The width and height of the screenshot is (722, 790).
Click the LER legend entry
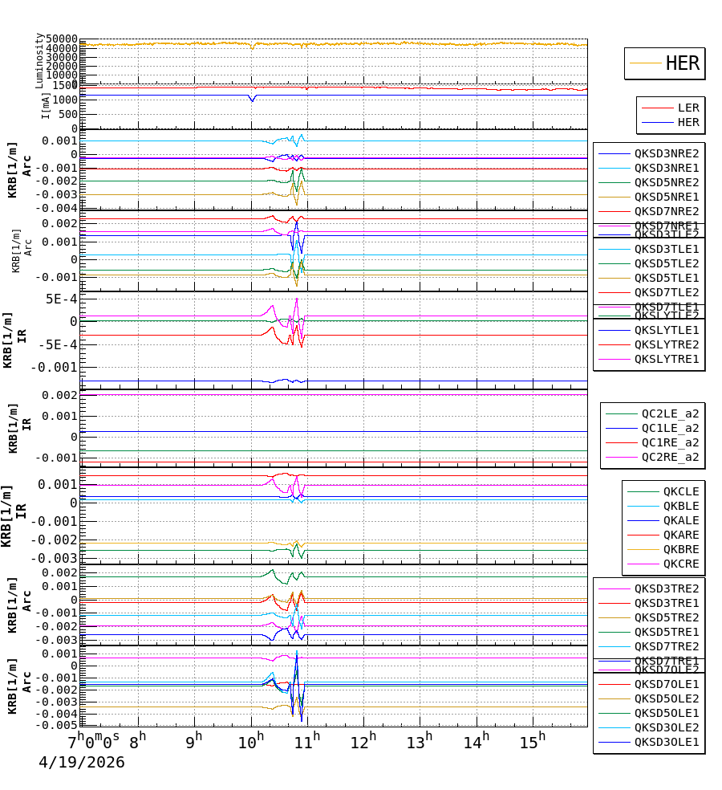(688, 108)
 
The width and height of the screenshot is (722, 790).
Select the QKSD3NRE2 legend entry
(667, 153)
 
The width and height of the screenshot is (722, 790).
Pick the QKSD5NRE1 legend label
(667, 197)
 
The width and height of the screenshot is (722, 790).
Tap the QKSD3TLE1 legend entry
(667, 249)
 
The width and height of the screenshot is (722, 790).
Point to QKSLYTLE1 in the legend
(667, 330)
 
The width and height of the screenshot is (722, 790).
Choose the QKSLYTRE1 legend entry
(667, 359)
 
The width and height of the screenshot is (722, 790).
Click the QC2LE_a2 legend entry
(670, 413)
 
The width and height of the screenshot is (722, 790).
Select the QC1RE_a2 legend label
(670, 442)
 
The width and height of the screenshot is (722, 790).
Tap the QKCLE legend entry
(680, 491)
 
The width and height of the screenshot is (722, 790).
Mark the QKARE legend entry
(680, 535)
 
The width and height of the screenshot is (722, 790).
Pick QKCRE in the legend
(680, 564)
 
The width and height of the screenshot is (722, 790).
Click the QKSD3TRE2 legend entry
(667, 588)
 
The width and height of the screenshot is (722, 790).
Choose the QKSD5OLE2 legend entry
(667, 698)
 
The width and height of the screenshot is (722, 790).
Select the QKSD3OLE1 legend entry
(667, 742)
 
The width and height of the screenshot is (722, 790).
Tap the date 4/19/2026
(82, 762)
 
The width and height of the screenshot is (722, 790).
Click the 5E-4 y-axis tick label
(61, 299)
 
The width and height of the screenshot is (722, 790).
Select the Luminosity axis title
(39, 60)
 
